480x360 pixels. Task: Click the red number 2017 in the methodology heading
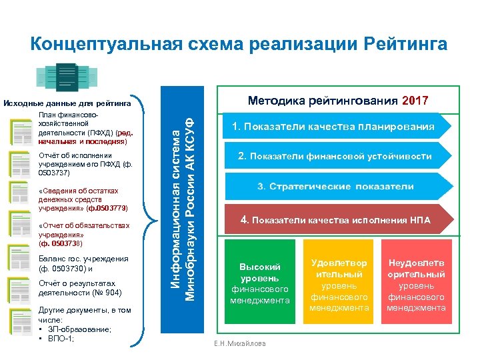[415, 101]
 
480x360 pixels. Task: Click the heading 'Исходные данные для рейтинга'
[67, 103]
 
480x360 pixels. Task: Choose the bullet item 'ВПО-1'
[60, 337]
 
